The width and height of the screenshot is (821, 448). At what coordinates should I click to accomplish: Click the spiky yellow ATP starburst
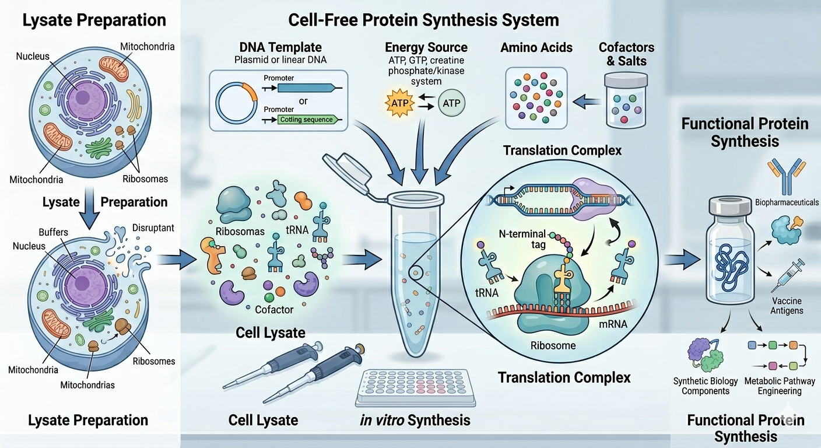[399, 103]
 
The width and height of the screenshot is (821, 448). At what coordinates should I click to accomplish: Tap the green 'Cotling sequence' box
[306, 120]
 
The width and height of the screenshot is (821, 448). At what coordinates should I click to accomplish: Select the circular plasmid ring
[236, 103]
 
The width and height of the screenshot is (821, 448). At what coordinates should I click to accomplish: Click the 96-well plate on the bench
[415, 388]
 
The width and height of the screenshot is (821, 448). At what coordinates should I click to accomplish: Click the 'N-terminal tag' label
[522, 239]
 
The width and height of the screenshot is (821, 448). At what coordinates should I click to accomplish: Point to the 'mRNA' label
[613, 324]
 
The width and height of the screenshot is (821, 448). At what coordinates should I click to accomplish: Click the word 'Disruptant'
[153, 228]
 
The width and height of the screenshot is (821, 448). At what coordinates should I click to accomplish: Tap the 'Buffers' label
[54, 232]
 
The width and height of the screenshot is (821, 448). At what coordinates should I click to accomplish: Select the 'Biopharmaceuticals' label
[787, 202]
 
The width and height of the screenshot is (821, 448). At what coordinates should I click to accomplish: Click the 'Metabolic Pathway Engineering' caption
[780, 386]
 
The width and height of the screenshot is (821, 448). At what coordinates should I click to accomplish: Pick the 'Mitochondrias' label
[87, 385]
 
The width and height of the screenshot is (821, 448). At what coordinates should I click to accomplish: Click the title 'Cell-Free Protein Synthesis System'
[423, 20]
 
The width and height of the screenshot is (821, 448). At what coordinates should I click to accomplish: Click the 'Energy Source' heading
[426, 47]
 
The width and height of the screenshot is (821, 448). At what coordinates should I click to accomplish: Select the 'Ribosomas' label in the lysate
[240, 232]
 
